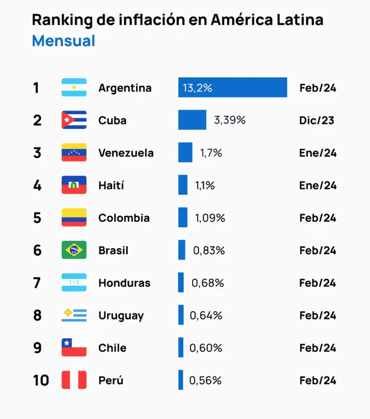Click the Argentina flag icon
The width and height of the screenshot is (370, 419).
[x=74, y=87]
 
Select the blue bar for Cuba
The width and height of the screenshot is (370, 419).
[x=192, y=120]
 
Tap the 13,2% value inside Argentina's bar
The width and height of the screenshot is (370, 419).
[x=197, y=88]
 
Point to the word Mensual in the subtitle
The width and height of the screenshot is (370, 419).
[x=63, y=41]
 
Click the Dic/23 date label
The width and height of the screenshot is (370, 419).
[x=317, y=120]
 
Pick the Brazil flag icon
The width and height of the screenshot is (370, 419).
[x=74, y=250]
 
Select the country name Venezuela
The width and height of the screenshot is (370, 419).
[x=126, y=153]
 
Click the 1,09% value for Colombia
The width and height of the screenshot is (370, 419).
[x=210, y=218]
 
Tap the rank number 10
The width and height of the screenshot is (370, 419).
[x=41, y=380]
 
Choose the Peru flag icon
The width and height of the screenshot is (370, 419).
[x=74, y=380]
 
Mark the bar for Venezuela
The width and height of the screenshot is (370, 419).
[x=185, y=153]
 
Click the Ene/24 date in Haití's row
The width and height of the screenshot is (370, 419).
[x=318, y=185]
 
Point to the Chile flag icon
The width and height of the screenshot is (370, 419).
[x=74, y=347]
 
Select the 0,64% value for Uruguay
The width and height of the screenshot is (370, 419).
[x=206, y=315]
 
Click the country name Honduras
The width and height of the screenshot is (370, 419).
[x=124, y=283]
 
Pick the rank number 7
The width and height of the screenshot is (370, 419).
[x=37, y=283]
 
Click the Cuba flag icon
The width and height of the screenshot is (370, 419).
[x=74, y=120]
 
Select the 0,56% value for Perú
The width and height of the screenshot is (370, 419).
[x=205, y=380]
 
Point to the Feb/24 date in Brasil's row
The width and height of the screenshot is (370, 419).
[x=318, y=251]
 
